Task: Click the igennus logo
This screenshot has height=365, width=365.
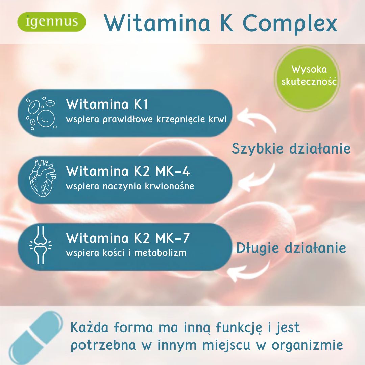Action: click(52, 22)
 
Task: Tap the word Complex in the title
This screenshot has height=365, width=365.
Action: click(290, 24)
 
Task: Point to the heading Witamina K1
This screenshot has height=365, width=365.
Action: click(107, 104)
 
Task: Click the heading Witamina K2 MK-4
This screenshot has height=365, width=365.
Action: click(128, 171)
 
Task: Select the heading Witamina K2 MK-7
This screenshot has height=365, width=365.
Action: click(128, 238)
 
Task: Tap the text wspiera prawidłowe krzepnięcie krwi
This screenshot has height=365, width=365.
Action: click(146, 119)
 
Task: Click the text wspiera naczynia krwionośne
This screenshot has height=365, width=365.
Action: click(130, 186)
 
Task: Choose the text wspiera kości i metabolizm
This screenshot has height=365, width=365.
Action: click(126, 253)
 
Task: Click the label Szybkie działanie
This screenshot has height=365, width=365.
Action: click(291, 148)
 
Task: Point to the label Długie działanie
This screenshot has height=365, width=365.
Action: click(291, 248)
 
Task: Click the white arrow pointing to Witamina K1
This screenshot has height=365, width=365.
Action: click(259, 118)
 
